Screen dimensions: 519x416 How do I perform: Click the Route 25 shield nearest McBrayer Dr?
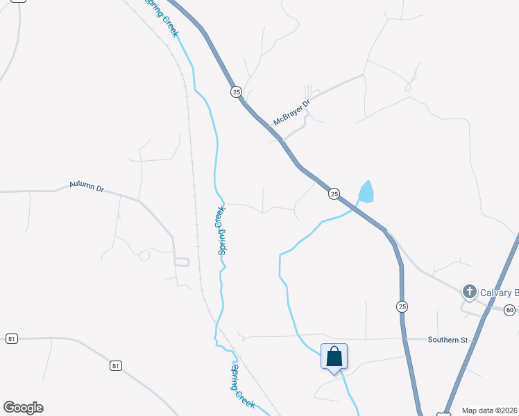point(236,92)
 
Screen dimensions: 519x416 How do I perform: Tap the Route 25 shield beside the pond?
point(334,194)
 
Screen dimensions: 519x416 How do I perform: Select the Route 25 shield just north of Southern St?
point(402,306)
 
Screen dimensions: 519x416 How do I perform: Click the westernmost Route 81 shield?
point(11,338)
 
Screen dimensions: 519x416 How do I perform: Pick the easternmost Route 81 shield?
point(115,365)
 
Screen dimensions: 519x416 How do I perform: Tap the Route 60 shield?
point(510,309)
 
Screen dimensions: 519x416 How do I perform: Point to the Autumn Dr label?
point(86,187)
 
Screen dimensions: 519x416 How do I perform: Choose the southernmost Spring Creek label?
point(244,385)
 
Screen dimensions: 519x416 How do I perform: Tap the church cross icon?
point(470,291)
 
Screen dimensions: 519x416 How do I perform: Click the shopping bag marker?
point(334,356)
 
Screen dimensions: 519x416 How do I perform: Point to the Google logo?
point(23,408)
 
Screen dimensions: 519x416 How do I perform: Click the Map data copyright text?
point(489,410)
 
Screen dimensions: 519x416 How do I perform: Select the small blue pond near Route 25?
point(366,191)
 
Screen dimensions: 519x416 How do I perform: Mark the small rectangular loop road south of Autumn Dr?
point(182,261)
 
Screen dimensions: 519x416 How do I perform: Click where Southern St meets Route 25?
point(403,339)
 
